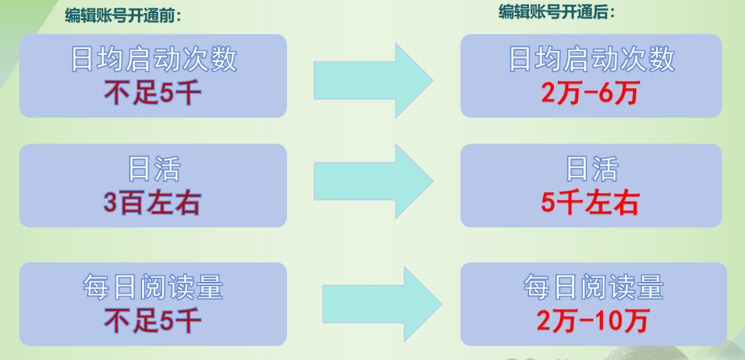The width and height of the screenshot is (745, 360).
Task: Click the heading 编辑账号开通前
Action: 127,16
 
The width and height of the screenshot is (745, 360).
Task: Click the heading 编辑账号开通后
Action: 557,12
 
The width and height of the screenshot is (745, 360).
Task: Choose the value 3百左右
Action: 152,203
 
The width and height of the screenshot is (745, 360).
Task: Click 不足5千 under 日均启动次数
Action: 152,92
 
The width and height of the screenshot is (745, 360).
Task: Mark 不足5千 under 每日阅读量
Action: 152,320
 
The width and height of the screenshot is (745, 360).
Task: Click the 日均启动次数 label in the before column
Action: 153,60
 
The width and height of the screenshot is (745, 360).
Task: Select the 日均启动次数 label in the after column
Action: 591,60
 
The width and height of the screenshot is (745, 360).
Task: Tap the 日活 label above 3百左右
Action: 153,170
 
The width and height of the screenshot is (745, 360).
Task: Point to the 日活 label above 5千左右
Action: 592,170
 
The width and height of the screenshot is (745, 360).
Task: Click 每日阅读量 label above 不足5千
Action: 153,287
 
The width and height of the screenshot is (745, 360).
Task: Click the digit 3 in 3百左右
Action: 110,203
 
